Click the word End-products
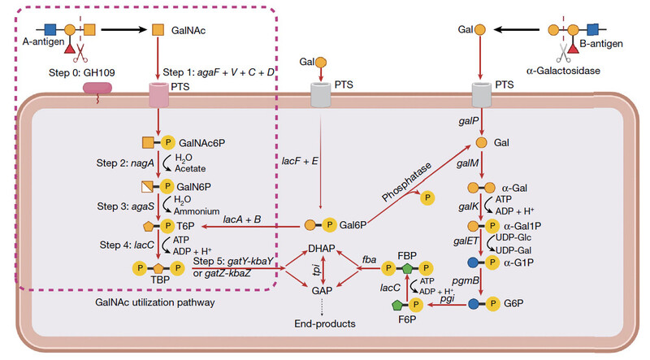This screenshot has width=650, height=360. [325, 323]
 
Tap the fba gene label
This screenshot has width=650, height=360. [363, 253]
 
